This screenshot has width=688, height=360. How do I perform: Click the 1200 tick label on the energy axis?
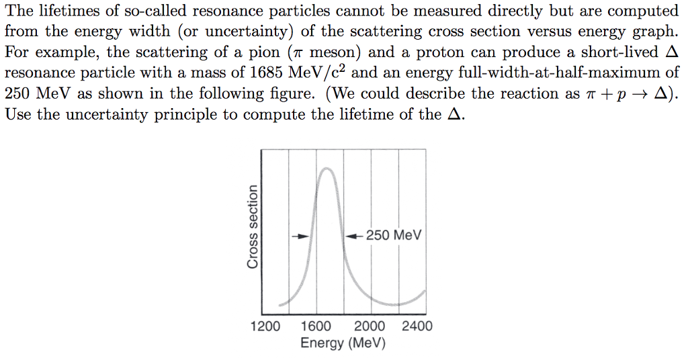pyautogui.click(x=265, y=326)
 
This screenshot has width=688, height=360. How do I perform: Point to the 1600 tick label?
pyautogui.click(x=316, y=326)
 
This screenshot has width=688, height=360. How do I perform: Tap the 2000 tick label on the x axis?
pyautogui.click(x=370, y=326)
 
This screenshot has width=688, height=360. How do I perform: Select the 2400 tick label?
pyautogui.click(x=417, y=326)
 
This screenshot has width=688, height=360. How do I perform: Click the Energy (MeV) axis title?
pyautogui.click(x=343, y=343)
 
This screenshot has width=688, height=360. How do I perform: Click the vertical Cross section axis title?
pyautogui.click(x=253, y=226)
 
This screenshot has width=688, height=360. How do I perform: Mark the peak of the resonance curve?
pyautogui.click(x=327, y=169)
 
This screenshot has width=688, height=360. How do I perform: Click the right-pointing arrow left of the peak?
pyautogui.click(x=302, y=236)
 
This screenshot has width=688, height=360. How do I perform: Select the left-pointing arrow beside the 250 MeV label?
pyautogui.click(x=354, y=236)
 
